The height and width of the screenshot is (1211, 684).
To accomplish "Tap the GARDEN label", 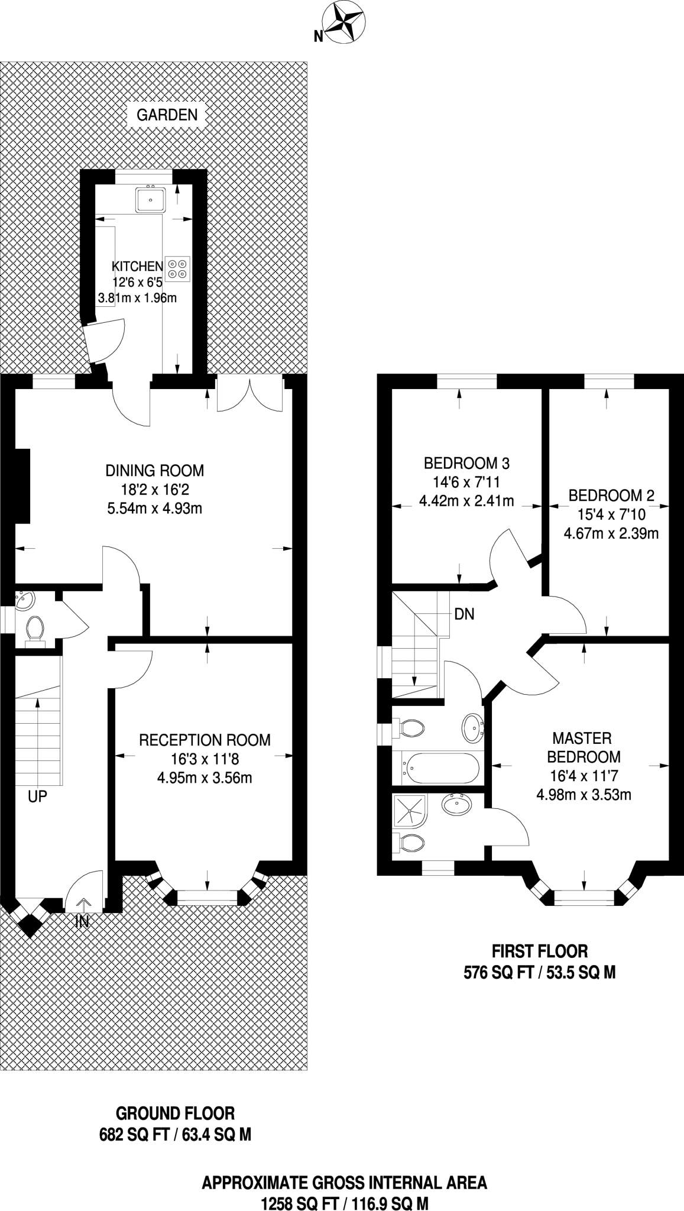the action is coord(167,115).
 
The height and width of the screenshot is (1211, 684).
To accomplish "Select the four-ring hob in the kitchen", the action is coord(178,267).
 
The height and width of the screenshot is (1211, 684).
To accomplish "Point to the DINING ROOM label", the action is coord(155,471).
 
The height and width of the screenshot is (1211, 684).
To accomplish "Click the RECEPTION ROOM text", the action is coord(205,740).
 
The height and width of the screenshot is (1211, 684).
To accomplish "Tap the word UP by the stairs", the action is coord(37,797).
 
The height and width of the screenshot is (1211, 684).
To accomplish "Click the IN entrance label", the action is coord(82,921).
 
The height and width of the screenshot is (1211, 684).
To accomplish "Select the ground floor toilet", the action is coord(35,629).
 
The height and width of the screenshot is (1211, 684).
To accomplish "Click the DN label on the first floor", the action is coord(464,614).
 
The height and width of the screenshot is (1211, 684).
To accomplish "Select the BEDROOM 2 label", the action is coord(611,495).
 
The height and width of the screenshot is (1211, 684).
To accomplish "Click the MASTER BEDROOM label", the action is coord(584,747).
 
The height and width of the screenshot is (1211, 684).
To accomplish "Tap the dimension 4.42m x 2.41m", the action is coord(466,501).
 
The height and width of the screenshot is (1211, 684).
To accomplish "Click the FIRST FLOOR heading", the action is coord(540,951).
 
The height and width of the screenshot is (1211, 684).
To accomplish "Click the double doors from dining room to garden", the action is coord(250,395).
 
